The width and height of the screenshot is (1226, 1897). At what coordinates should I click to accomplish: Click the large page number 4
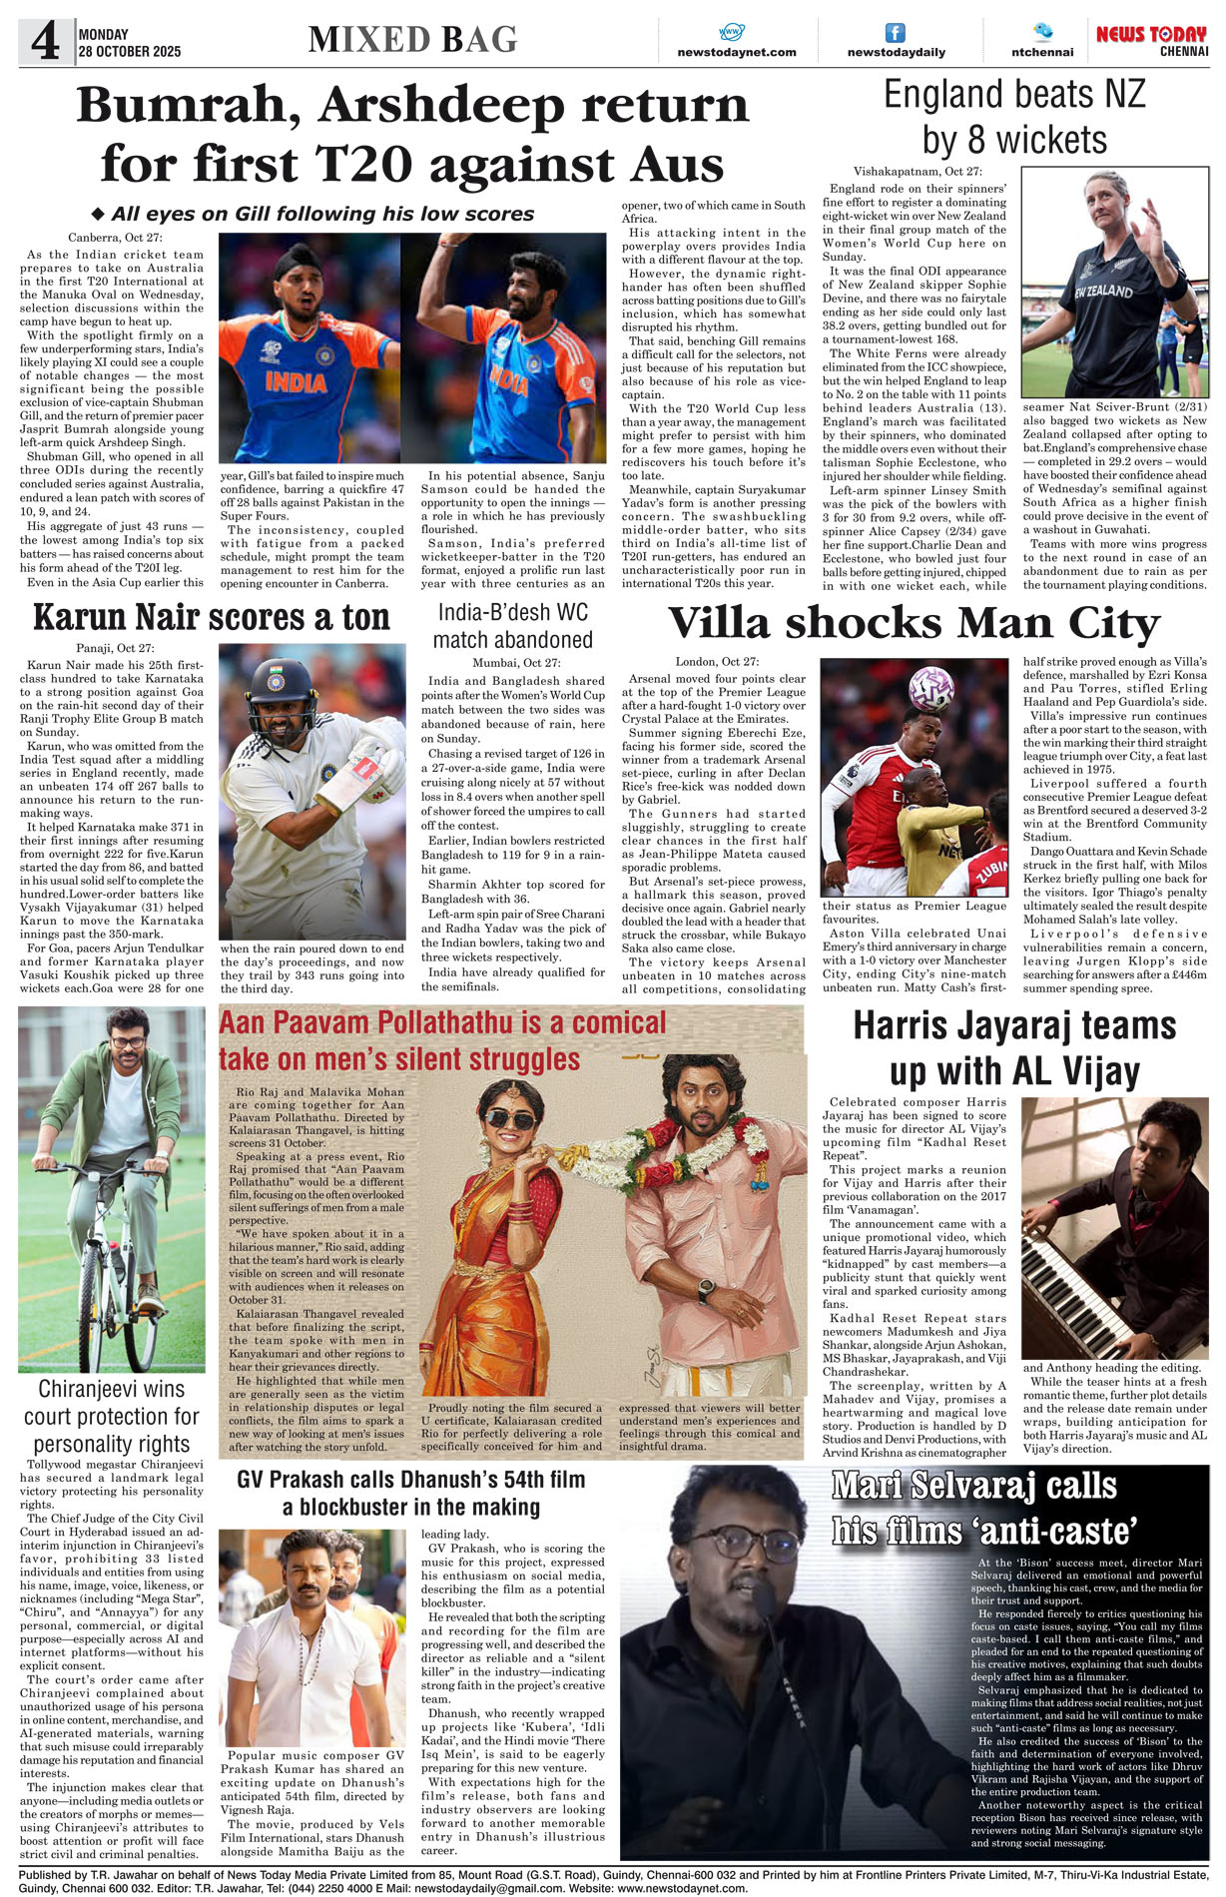click(x=45, y=41)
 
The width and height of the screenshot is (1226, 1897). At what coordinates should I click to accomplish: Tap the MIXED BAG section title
click(x=412, y=40)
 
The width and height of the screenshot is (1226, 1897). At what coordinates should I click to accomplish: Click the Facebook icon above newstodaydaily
click(x=896, y=33)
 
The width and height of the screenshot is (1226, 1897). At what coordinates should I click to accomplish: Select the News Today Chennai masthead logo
click(x=1151, y=41)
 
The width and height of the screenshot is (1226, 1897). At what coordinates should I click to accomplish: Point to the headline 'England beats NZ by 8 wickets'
click(x=1014, y=117)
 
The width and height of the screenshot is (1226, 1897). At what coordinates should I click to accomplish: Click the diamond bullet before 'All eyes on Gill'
click(x=98, y=214)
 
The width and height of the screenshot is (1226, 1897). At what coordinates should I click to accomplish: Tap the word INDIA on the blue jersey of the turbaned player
click(x=296, y=382)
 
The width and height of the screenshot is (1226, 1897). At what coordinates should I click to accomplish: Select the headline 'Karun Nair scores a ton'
click(x=211, y=618)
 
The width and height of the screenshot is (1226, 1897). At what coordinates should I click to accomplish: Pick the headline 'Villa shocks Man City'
click(x=914, y=624)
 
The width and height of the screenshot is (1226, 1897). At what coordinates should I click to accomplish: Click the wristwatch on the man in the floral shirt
click(x=706, y=1289)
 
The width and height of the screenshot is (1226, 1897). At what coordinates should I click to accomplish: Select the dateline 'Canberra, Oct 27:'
click(x=115, y=238)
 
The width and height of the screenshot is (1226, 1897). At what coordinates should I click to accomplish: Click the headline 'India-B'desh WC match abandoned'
click(x=513, y=626)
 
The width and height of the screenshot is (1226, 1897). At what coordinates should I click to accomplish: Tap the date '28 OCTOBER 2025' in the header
click(x=130, y=52)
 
